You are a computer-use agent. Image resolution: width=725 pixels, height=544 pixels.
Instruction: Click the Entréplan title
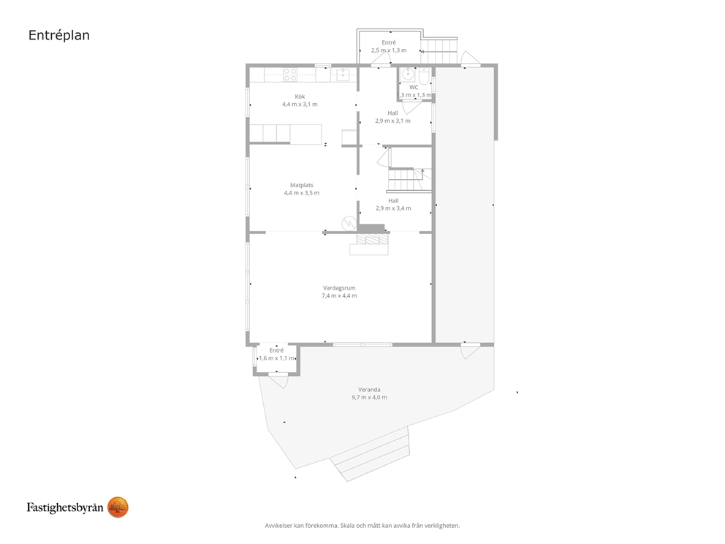click(x=58, y=35)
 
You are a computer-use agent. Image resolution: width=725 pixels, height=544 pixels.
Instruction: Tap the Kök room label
click(x=300, y=97)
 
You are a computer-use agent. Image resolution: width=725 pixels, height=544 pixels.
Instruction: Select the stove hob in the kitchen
click(x=290, y=75)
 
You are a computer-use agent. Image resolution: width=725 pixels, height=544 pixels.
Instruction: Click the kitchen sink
click(x=343, y=75)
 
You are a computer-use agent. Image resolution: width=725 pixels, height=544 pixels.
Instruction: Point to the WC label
click(x=414, y=88)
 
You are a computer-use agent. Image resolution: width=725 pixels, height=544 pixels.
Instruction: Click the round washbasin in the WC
click(x=408, y=74)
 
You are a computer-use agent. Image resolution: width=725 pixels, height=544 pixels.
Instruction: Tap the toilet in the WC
click(x=425, y=75)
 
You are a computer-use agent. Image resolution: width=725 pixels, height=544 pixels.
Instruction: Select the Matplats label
click(x=301, y=185)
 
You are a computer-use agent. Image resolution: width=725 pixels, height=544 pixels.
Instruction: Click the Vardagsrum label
click(x=339, y=288)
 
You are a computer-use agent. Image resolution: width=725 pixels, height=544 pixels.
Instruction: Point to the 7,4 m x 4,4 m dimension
click(x=339, y=295)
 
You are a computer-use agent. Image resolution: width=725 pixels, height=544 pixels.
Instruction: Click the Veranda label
click(x=369, y=390)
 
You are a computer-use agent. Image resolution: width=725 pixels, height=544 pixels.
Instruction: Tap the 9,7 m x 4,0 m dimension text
click(x=369, y=397)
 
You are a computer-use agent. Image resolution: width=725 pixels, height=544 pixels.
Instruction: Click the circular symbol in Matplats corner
click(x=348, y=224)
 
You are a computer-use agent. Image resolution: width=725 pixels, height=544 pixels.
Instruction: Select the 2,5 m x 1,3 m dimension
click(x=389, y=50)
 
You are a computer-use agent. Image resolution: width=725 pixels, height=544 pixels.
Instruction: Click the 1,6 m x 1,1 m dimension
click(x=276, y=358)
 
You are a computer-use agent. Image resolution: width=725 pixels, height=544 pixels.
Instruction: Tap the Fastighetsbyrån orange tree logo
click(x=118, y=507)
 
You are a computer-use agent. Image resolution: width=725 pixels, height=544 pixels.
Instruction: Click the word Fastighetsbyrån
click(x=65, y=508)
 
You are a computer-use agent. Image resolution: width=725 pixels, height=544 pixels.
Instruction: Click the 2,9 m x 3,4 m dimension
click(x=393, y=208)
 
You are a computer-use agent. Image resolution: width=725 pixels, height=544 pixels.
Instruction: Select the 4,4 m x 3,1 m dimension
click(x=300, y=105)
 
